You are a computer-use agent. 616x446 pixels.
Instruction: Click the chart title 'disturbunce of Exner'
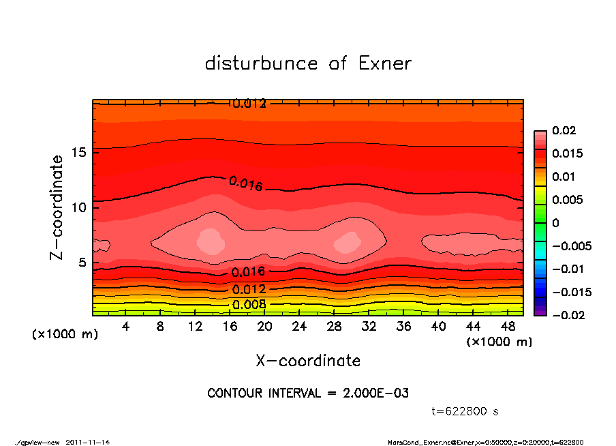308,64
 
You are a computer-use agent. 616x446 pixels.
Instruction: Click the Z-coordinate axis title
57,207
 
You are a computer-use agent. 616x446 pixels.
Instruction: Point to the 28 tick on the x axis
335,327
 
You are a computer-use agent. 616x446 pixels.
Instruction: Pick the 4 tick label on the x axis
126,327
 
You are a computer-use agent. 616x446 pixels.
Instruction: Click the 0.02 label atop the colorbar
566,131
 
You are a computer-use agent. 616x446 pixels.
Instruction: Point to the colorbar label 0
555,223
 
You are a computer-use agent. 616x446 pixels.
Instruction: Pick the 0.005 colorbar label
568,200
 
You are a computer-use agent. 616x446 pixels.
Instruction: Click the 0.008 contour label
248,304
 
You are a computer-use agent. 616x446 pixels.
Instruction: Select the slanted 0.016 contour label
245,183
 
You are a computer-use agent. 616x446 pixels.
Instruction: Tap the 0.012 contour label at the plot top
249,104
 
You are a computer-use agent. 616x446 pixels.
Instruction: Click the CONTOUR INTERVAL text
308,393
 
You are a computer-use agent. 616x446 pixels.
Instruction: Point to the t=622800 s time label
465,411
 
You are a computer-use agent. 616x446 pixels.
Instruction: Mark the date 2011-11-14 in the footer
88,442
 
